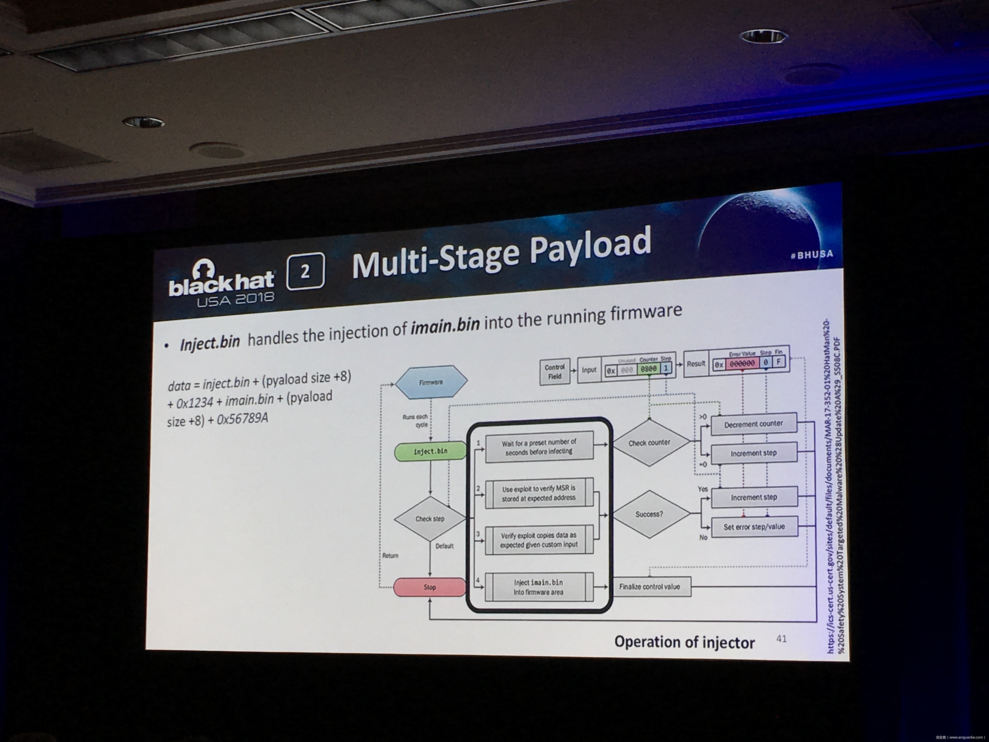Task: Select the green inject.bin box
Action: [430, 451]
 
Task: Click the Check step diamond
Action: [430, 519]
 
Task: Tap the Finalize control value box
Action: [650, 587]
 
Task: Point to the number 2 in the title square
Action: [305, 271]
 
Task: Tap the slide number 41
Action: [781, 639]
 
